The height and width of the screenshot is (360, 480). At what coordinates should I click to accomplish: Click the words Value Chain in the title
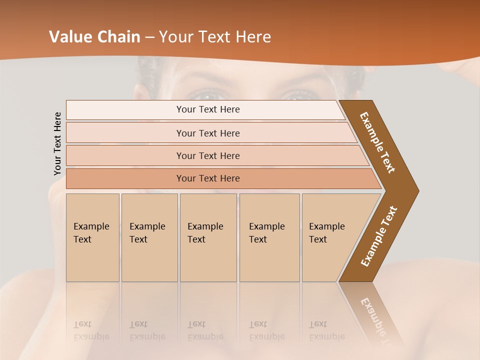(94, 37)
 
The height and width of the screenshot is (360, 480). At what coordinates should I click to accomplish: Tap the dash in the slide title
(149, 37)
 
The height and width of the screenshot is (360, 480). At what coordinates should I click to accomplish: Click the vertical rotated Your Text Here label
(57, 144)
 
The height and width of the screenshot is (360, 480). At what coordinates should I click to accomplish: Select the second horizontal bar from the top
(207, 133)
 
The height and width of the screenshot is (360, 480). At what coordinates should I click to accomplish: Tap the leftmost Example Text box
(92, 237)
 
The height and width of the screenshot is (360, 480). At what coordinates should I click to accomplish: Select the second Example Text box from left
(149, 237)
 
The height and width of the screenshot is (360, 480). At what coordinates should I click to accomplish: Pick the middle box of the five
(208, 237)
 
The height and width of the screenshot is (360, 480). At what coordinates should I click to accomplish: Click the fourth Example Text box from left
(269, 237)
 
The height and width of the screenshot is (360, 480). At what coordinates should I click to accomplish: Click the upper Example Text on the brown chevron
(378, 142)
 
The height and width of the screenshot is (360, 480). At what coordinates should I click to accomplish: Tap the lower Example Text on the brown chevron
(379, 236)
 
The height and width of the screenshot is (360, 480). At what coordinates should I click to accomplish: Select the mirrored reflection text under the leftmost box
(91, 330)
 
